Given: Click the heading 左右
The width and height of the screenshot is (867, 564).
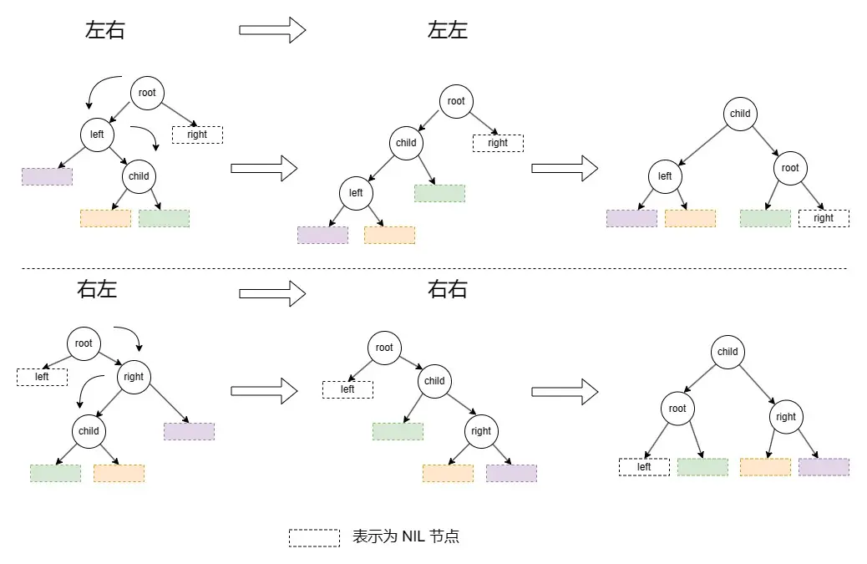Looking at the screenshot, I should pos(105,31).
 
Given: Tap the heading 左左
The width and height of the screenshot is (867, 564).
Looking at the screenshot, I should pos(448,31).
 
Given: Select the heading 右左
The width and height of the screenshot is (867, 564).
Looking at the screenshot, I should pos(97,290).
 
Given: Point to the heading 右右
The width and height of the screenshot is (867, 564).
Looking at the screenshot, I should pos(448,290).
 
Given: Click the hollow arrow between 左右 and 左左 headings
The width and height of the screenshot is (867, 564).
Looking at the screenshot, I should pos(272,31).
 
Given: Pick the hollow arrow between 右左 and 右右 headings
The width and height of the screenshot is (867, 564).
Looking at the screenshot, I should pos(272,293).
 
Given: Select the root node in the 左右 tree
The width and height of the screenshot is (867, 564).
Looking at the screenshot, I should pos(147,93).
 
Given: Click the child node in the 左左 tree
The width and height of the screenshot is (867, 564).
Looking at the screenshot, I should pos(406,143).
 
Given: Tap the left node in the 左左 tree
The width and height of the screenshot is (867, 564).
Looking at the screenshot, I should pos(356,193).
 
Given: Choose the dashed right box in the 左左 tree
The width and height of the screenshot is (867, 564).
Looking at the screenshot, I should pos(498,143).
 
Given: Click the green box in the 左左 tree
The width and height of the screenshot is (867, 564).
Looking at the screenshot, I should pos(439,193).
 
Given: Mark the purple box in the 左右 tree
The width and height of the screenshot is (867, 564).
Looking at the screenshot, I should pos(47,176).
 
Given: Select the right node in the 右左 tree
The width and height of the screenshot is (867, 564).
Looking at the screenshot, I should pos(134,377).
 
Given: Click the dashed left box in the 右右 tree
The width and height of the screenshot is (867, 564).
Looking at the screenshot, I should pos(347,389).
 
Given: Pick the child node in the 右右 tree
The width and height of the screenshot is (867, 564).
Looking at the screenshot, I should pos(434,381).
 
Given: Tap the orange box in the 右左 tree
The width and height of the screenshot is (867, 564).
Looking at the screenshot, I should pos(119,473).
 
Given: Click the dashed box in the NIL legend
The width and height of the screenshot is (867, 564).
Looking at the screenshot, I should pos(314,537).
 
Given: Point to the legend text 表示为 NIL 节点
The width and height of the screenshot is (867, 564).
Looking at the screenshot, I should pos(406,536).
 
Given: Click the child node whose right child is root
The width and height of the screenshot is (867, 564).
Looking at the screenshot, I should pos(740,114).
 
